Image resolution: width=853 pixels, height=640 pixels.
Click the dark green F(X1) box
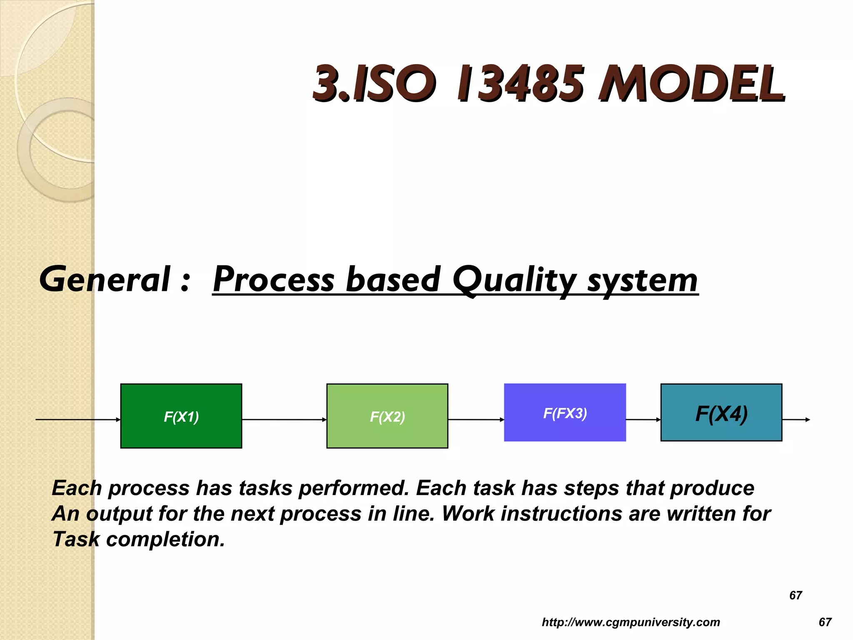[181, 416]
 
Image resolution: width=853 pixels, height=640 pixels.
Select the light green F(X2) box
[387, 416]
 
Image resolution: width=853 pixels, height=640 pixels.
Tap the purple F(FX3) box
[565, 412]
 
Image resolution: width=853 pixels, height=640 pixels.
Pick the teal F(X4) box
[721, 412]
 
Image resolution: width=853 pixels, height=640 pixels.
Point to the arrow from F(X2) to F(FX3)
[476, 420]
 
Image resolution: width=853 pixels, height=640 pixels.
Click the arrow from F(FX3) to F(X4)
[643, 420]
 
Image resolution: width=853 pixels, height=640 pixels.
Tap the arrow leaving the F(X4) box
[796, 420]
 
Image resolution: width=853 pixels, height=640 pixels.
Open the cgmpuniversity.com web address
[631, 622]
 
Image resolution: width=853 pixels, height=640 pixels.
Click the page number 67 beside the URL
[825, 622]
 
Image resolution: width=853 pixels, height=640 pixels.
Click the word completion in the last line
[165, 539]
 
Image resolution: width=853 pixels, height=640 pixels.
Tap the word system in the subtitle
[642, 280]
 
